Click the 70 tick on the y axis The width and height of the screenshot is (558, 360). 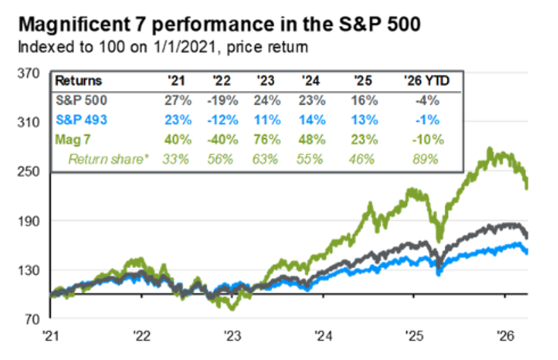coord(28,320)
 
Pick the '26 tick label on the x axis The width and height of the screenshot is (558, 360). coord(504,334)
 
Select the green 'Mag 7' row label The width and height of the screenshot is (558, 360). coord(75,139)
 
